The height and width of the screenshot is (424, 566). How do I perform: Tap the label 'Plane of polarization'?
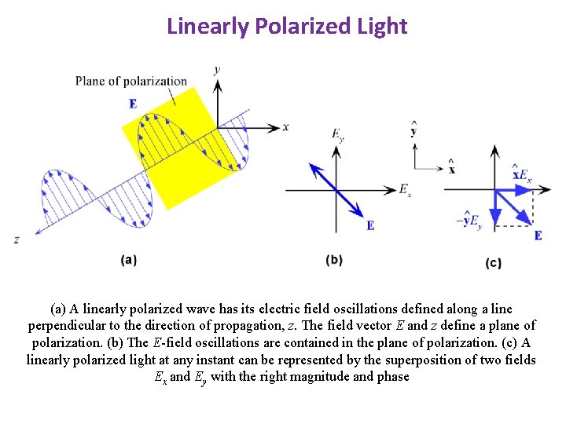(131, 81)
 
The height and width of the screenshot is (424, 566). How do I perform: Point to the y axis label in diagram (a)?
(217, 69)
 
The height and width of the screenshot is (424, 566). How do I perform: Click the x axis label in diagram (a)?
(285, 126)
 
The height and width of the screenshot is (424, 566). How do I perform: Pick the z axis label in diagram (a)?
(17, 239)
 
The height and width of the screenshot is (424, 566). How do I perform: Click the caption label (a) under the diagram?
(130, 260)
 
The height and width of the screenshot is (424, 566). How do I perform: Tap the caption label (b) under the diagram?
(334, 260)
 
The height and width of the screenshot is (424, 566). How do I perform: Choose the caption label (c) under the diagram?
(494, 263)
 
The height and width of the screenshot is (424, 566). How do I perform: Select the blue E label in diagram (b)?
(369, 225)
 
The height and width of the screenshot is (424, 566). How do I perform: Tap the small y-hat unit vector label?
(413, 130)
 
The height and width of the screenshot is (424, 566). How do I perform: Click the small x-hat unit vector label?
(452, 168)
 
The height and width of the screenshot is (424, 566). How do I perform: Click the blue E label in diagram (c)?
(538, 235)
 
